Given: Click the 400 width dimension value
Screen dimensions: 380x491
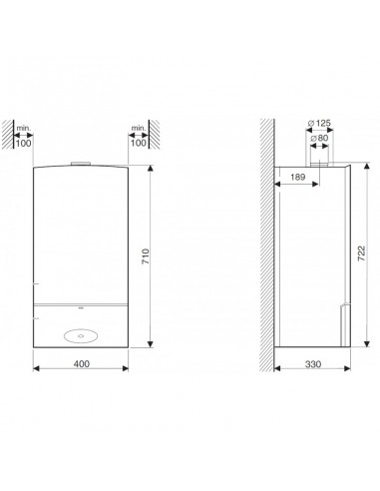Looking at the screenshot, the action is (x=82, y=364).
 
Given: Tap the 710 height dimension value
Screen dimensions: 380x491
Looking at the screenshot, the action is (x=146, y=256).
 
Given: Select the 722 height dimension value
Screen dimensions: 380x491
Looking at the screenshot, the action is (x=361, y=253).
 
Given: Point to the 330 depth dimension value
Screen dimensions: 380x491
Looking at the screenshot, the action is (x=313, y=364).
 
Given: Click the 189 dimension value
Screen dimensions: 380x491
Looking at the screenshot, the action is (x=297, y=177).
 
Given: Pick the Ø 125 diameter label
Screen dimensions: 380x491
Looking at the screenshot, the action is (x=319, y=123).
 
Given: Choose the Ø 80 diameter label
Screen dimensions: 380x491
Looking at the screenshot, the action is (x=319, y=138).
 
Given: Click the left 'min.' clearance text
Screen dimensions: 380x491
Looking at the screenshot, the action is (x=24, y=128).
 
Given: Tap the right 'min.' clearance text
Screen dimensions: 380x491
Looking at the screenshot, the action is (x=139, y=128).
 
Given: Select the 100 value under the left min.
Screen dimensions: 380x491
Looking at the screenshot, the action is (x=24, y=144).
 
